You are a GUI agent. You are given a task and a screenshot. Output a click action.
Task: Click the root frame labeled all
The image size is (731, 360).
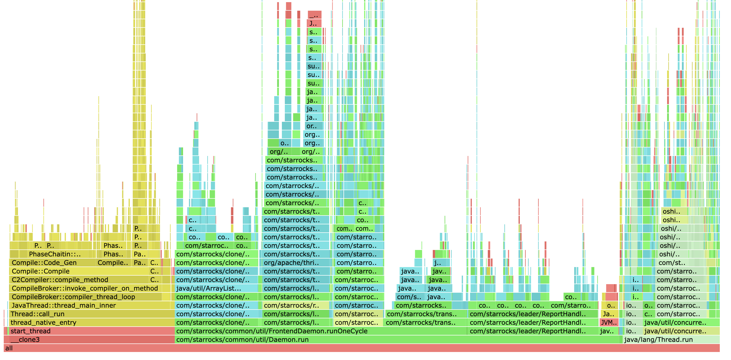pyautogui.click(x=360, y=348)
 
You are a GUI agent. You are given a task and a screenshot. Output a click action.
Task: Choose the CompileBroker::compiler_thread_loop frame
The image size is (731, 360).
pyautogui.click(x=85, y=297)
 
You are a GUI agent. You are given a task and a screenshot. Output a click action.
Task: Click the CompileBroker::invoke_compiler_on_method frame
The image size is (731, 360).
pyautogui.click(x=85, y=288)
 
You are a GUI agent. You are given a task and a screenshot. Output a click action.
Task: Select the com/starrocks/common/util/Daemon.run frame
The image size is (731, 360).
pyautogui.click(x=397, y=340)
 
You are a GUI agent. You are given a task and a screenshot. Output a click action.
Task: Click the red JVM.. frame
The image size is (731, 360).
pyautogui.click(x=609, y=323)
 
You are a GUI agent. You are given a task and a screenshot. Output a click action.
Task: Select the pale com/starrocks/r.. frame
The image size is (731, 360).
pyautogui.click(x=295, y=306)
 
